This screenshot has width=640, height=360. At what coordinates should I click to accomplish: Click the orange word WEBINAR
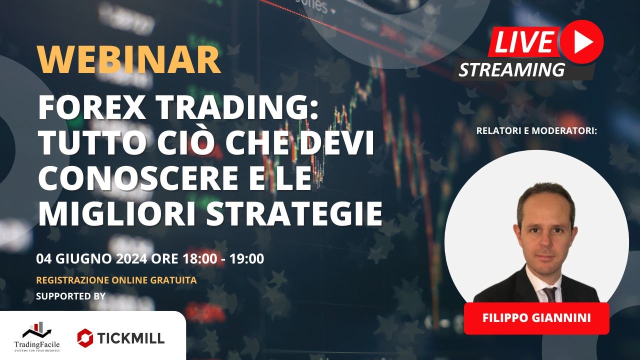(x=129, y=60)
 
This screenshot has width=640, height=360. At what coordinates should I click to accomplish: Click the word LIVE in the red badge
(x=524, y=41)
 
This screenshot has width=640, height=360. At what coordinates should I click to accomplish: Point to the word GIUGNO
(x=78, y=259)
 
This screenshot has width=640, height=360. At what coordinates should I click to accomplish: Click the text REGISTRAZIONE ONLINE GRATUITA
(x=116, y=280)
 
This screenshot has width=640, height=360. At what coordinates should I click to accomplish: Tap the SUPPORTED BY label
(x=71, y=296)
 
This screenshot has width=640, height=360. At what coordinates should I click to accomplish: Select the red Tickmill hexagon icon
(x=85, y=337)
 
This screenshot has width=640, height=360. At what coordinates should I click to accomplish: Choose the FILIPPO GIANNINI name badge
(x=536, y=318)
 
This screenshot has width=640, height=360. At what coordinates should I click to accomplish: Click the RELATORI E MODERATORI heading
(x=537, y=131)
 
